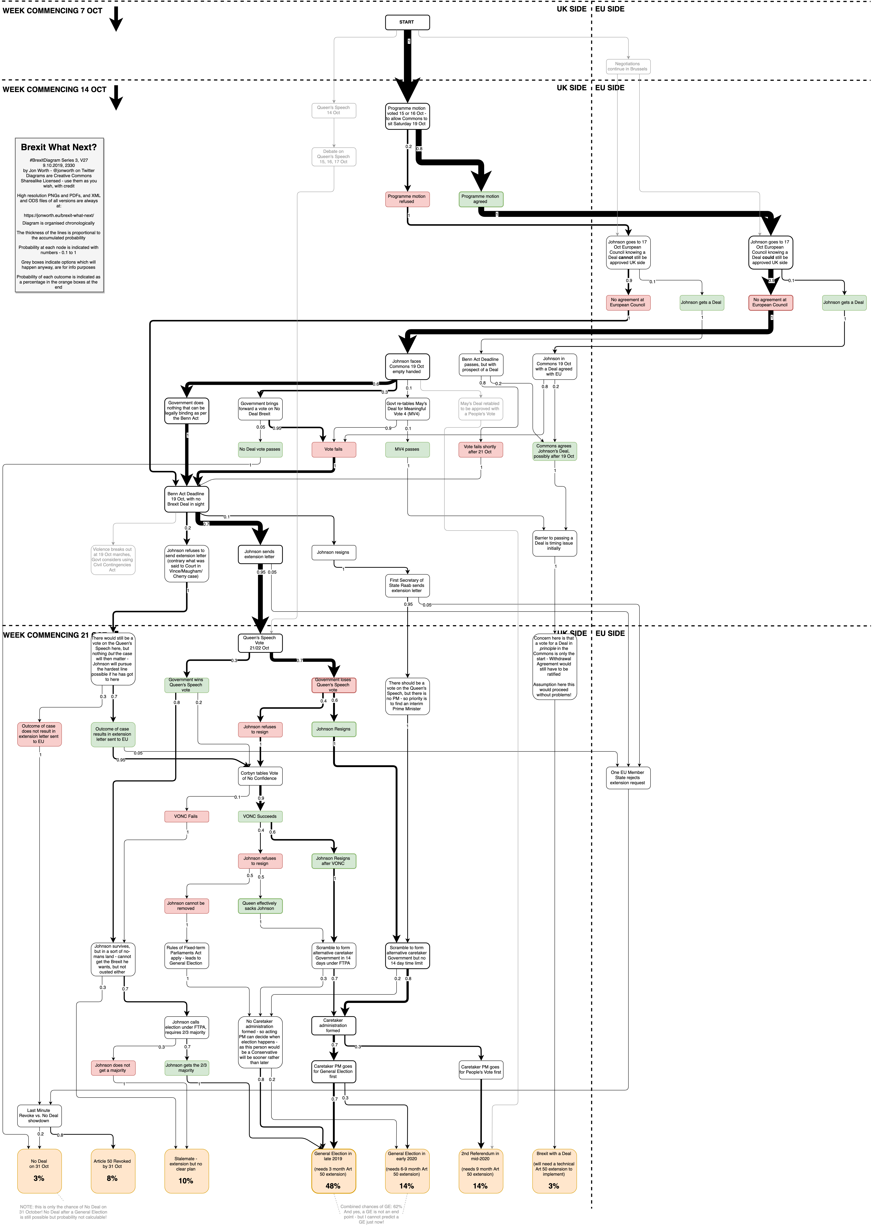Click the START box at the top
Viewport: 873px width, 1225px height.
click(407, 22)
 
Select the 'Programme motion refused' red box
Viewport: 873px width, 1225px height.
click(407, 199)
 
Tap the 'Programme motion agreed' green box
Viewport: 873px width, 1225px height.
click(481, 199)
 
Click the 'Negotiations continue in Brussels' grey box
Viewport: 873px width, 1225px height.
click(628, 66)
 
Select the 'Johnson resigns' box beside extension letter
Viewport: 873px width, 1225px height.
click(333, 552)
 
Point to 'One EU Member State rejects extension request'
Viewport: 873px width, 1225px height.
click(628, 778)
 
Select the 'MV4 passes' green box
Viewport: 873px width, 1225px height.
click(407, 449)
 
